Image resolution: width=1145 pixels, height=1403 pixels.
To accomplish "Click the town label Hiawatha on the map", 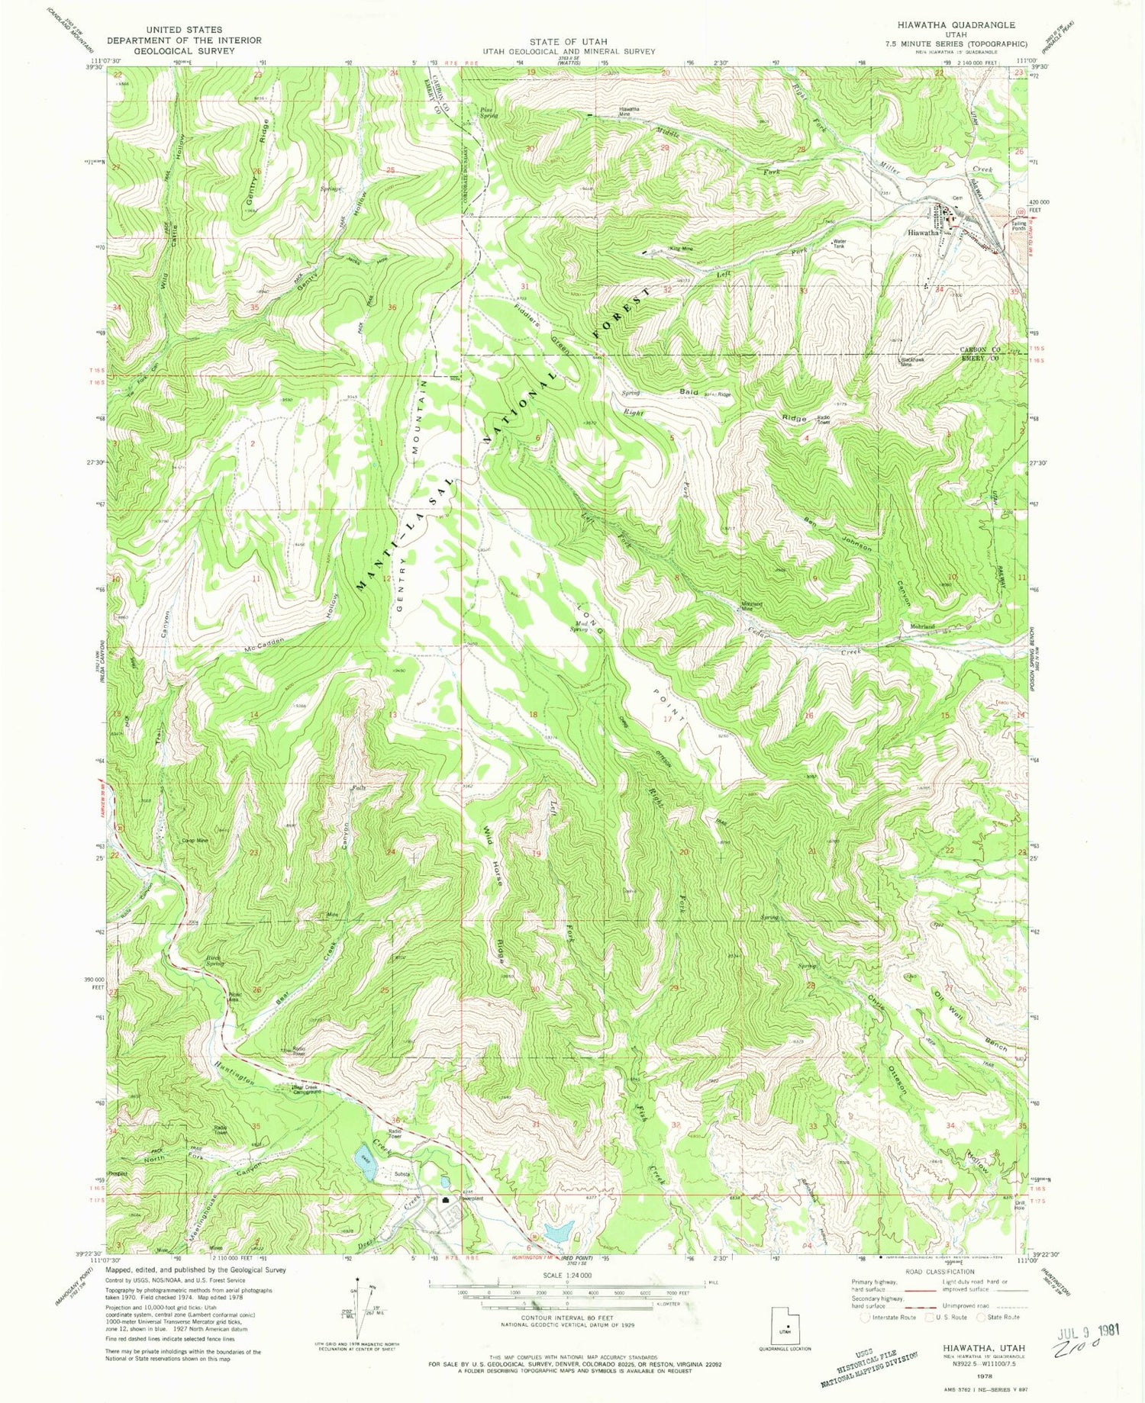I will (923, 233).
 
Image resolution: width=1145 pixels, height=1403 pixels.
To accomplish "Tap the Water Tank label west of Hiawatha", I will (839, 245).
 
